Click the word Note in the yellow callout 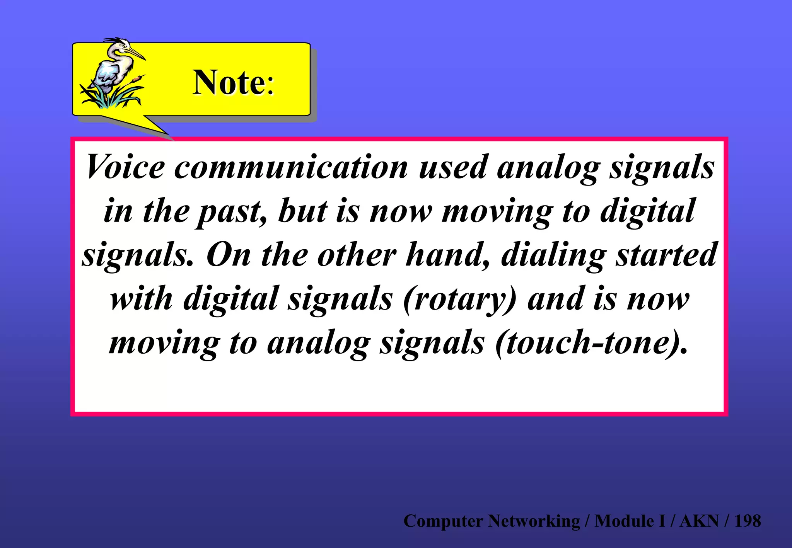[x=228, y=82]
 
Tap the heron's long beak [x=136, y=53]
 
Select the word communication [x=291, y=167]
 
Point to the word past [x=231, y=211]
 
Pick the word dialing [x=553, y=255]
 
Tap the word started [x=667, y=255]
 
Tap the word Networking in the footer [x=534, y=521]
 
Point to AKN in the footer [x=699, y=521]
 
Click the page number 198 [x=748, y=521]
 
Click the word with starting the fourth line [x=141, y=299]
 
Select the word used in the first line [x=452, y=167]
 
